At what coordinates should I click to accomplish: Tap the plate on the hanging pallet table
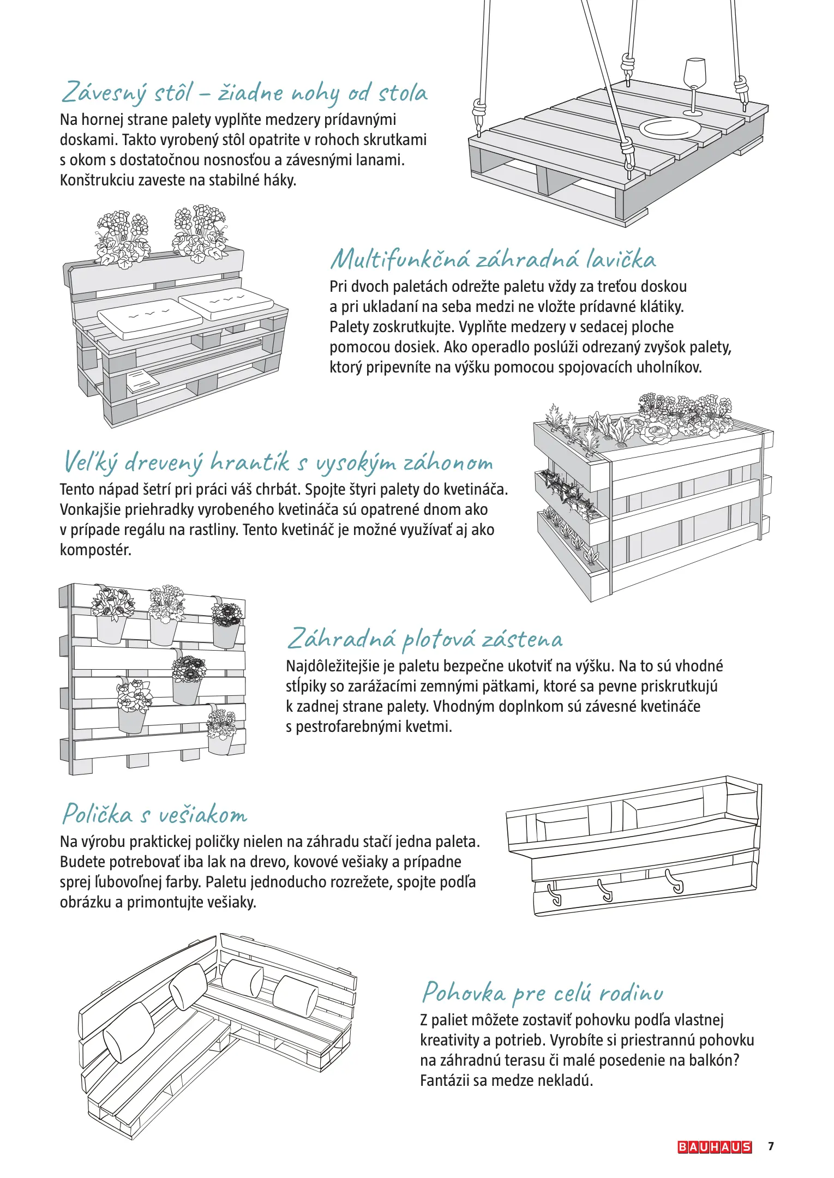[x=670, y=129]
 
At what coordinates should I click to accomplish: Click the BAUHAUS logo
[x=714, y=1147]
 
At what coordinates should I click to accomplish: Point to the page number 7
[x=771, y=1146]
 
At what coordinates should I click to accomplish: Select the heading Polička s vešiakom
[x=155, y=814]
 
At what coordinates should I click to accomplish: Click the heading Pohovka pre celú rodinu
[x=543, y=992]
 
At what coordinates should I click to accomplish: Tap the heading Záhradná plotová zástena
[x=425, y=639]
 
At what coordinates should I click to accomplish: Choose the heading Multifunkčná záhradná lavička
[x=493, y=259]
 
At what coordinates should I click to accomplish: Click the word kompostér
[x=96, y=550]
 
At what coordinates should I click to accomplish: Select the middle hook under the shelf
[x=606, y=892]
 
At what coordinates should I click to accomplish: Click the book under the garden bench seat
[x=143, y=380]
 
